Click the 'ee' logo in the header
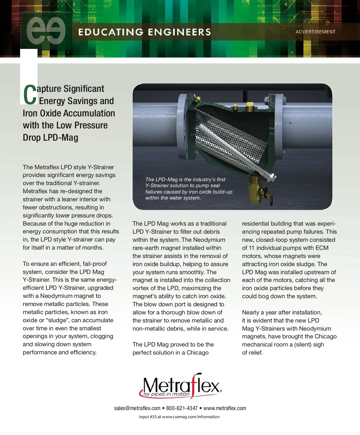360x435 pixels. (46, 31)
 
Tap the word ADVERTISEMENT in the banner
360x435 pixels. (315, 32)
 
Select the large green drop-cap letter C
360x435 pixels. (30, 95)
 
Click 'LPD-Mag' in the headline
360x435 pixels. (61, 137)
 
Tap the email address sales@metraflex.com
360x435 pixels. (137, 408)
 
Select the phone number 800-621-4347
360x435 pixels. (182, 408)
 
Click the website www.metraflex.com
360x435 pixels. (225, 408)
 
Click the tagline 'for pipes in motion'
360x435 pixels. (166, 394)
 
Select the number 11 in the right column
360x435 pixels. (252, 248)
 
